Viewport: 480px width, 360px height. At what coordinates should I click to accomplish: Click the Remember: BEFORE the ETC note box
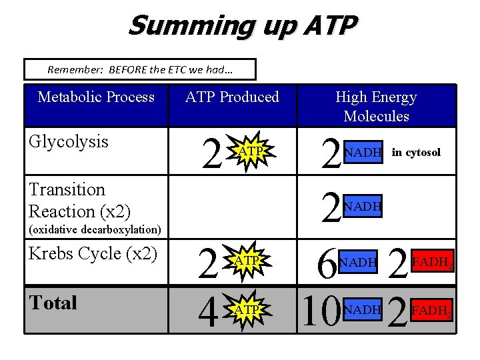(x=140, y=69)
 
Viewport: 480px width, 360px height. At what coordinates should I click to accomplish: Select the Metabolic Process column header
(x=96, y=97)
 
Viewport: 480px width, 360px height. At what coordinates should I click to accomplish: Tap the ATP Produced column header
(x=232, y=97)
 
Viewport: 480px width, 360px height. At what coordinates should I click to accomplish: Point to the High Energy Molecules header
(x=376, y=106)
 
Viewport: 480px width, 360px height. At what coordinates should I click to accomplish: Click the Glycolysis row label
(x=69, y=141)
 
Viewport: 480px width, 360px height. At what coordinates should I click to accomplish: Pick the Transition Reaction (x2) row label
(x=79, y=201)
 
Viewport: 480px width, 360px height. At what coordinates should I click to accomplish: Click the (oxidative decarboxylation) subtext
(x=95, y=230)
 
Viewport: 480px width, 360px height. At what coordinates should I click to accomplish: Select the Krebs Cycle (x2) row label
(x=93, y=253)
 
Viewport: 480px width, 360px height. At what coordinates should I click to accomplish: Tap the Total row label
(x=53, y=303)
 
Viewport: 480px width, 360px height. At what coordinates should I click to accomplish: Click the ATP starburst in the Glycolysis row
(x=249, y=153)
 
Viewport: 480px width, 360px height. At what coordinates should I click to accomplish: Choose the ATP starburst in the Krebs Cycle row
(x=247, y=261)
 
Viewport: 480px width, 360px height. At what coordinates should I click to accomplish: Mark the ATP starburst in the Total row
(x=247, y=310)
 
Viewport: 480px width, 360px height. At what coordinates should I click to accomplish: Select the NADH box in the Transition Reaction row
(x=362, y=207)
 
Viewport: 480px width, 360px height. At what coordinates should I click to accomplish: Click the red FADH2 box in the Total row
(x=433, y=310)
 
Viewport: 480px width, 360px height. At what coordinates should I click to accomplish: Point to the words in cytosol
(x=416, y=153)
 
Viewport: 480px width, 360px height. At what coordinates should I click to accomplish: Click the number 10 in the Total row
(x=320, y=311)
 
